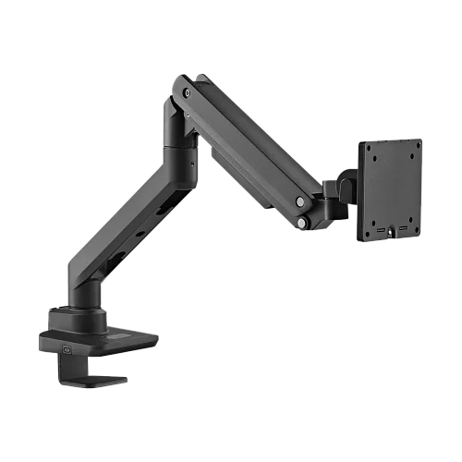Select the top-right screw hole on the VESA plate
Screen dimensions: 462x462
click(416, 147)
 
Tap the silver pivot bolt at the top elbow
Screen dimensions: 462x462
click(188, 92)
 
